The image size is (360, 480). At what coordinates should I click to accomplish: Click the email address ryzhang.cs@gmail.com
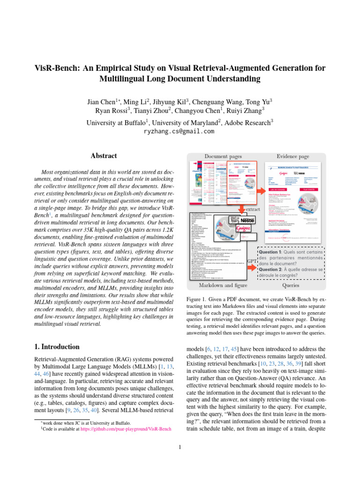(x=180, y=132)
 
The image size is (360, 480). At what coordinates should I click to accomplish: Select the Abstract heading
(x=104, y=156)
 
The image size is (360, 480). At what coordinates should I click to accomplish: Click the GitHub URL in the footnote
(x=125, y=428)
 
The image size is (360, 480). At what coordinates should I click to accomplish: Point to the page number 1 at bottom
(x=180, y=447)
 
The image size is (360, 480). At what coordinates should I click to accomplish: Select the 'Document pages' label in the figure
(x=223, y=156)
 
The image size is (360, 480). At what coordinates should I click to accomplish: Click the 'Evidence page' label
(x=293, y=156)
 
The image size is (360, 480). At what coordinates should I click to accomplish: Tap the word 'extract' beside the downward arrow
(x=253, y=209)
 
